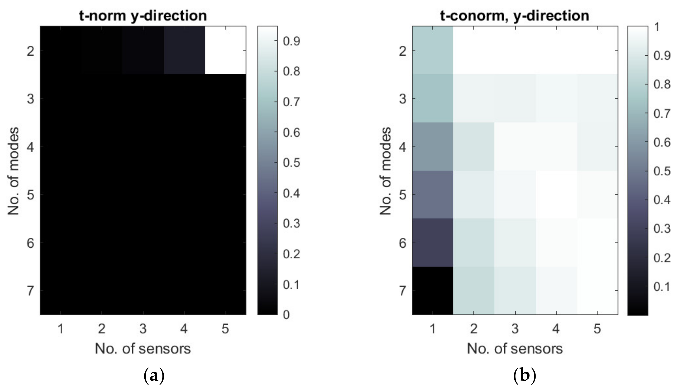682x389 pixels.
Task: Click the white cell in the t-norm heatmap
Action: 225,50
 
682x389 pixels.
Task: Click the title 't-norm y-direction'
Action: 143,16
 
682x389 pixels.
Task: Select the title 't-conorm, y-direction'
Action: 515,16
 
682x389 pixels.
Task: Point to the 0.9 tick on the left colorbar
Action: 292,41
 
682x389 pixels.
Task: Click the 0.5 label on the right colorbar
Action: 662,171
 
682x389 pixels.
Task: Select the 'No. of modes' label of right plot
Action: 385,171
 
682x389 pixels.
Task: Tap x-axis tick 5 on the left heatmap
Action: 225,329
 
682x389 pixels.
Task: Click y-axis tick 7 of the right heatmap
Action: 402,291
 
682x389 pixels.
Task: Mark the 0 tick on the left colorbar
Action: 286,315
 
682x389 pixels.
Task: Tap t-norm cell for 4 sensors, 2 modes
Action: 184,50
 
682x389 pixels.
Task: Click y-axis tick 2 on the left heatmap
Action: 31,51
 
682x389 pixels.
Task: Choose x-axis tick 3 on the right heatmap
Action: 515,329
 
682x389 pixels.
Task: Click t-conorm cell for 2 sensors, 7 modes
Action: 474,291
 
